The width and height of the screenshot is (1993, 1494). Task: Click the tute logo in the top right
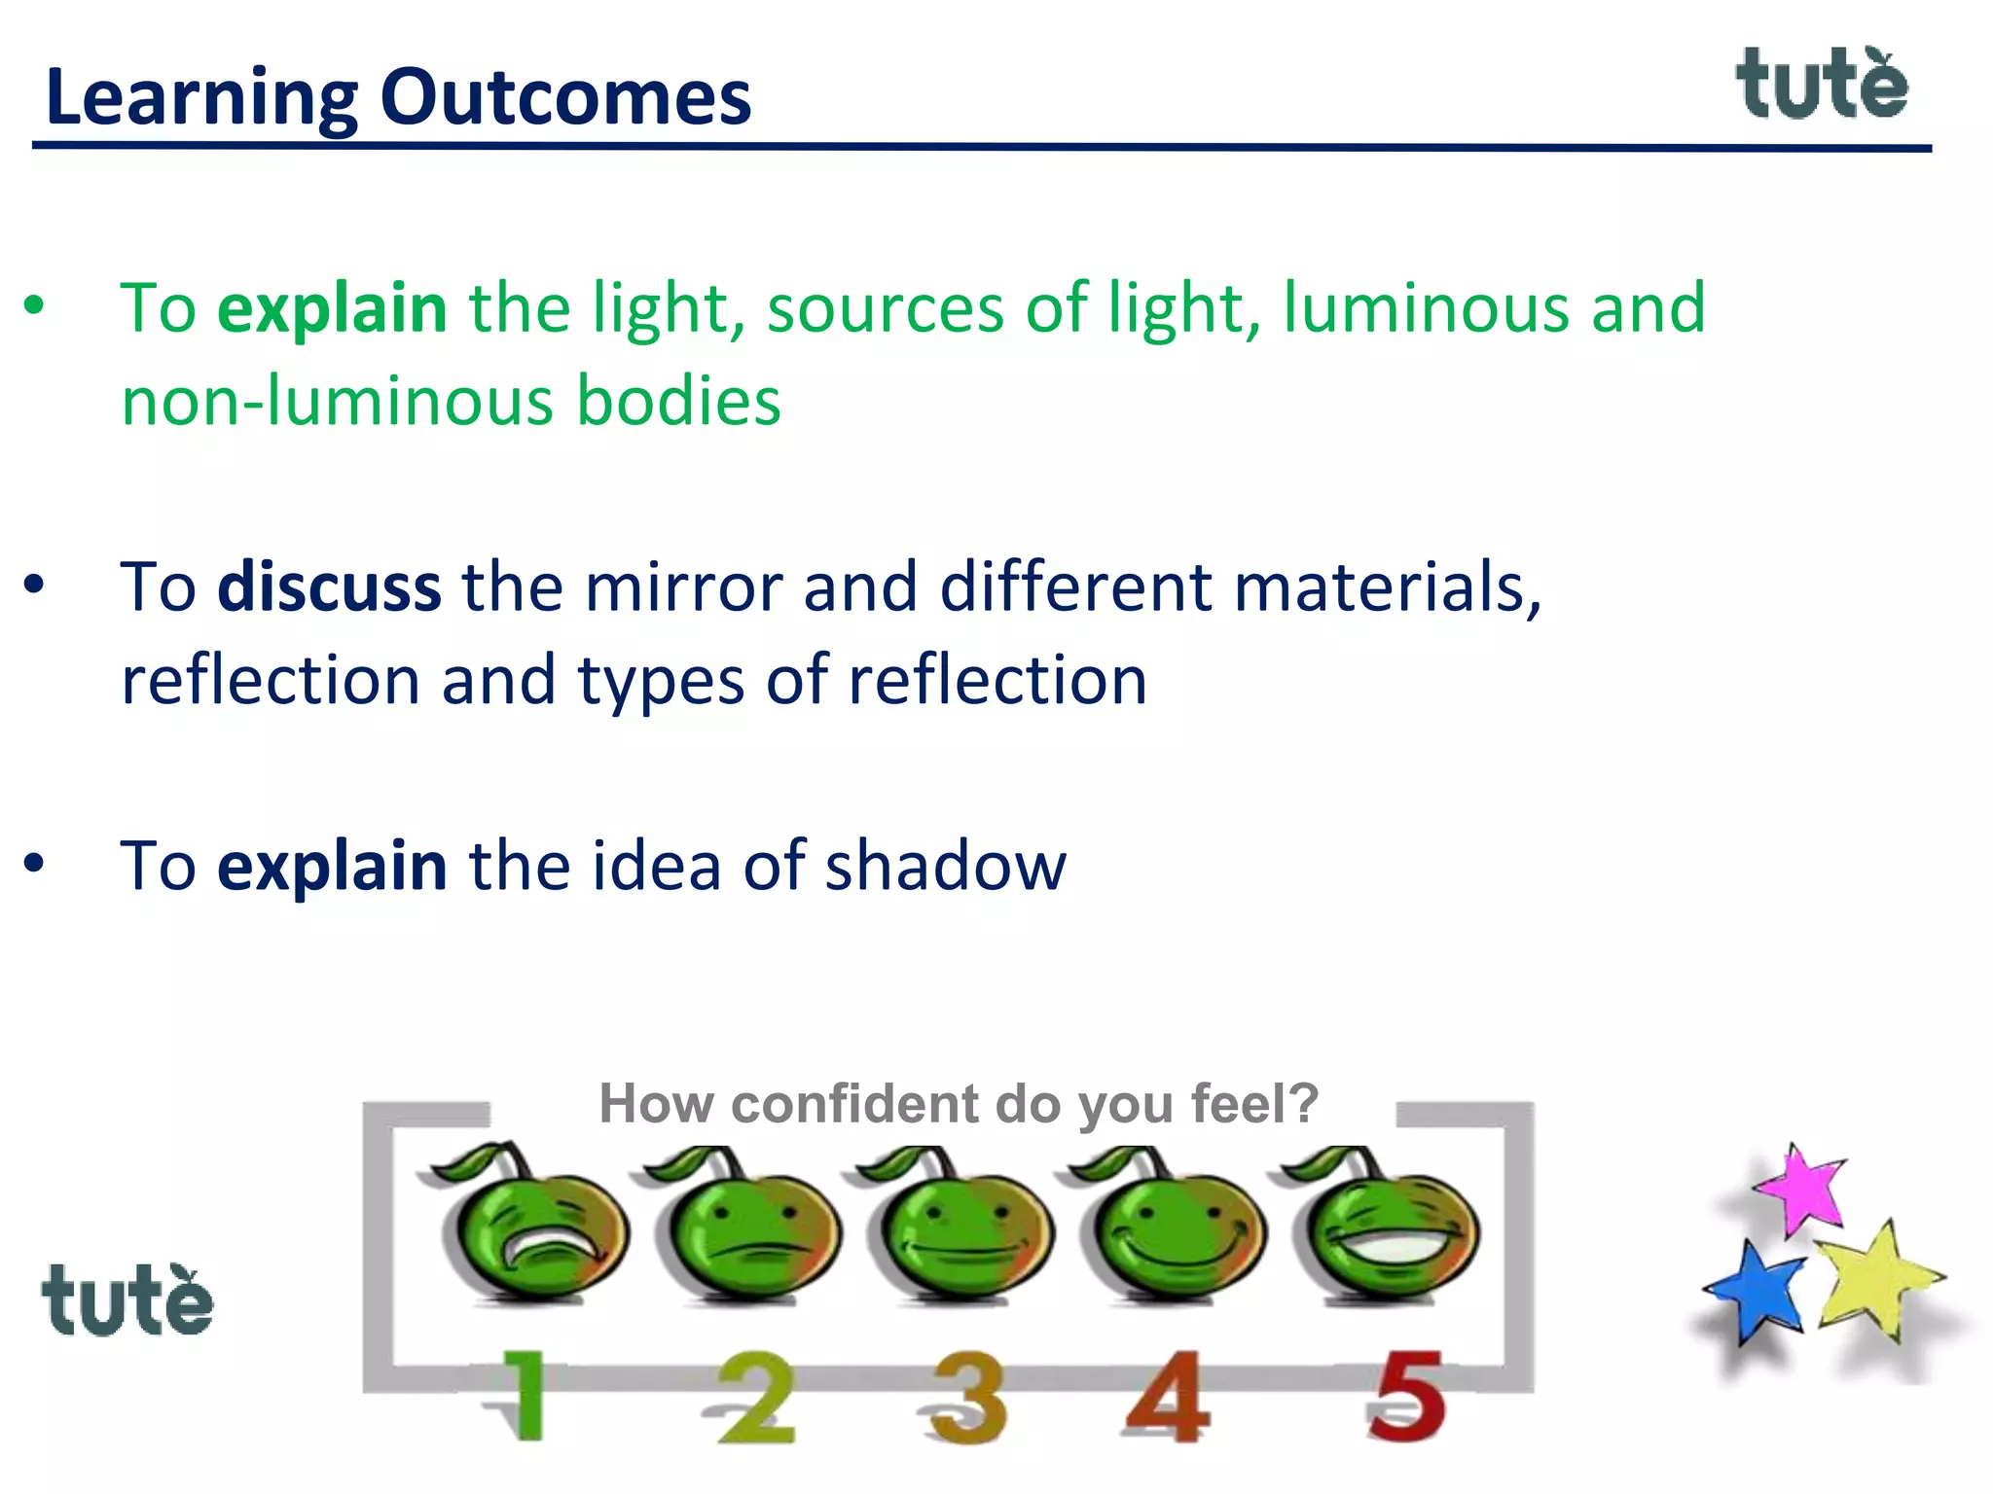[x=1822, y=86]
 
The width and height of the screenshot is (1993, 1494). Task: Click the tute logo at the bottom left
[x=127, y=1300]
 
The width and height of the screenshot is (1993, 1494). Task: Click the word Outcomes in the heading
[x=565, y=97]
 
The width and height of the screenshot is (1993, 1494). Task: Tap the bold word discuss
[x=329, y=587]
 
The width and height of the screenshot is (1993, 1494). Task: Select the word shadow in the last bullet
[x=945, y=866]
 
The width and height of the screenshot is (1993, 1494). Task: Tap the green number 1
[x=524, y=1397]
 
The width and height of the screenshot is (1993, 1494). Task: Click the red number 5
[x=1405, y=1397]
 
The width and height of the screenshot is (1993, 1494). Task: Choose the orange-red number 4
[x=1168, y=1397]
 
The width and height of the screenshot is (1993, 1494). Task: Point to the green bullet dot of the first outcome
[x=35, y=306]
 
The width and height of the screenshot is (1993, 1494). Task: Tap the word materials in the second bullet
[x=1387, y=587]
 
